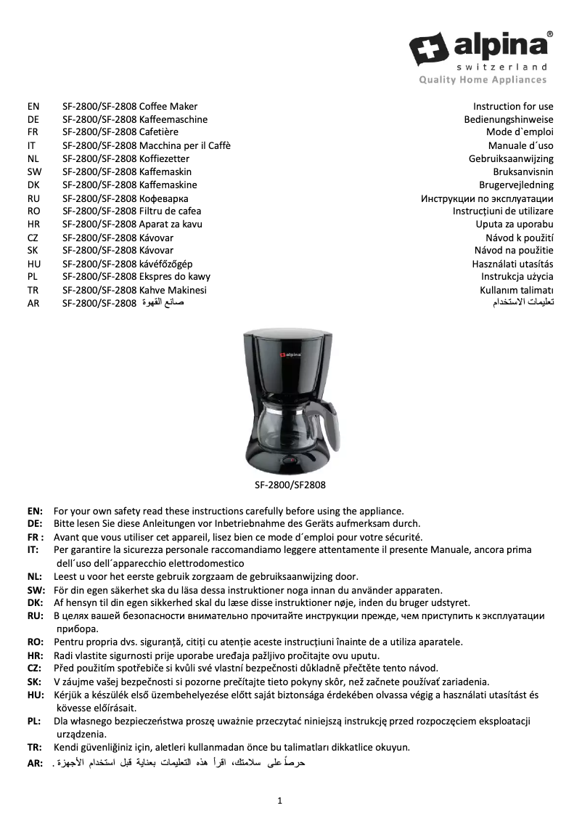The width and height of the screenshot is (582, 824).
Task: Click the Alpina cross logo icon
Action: coord(429,49)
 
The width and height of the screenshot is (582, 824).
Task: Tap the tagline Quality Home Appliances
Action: coord(482,80)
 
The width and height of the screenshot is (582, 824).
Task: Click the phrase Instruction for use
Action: coord(513,107)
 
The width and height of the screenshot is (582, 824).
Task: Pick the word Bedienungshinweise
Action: coord(509,120)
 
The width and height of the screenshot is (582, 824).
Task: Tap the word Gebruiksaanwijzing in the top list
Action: coord(511,159)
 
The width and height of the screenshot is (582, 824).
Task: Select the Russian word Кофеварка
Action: coord(164,198)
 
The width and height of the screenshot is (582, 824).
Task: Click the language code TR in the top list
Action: coord(33,290)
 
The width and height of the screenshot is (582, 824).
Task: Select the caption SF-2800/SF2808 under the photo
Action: coord(290,483)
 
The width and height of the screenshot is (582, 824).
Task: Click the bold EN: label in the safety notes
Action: coord(35,511)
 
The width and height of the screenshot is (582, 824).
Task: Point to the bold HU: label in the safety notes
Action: coord(35,695)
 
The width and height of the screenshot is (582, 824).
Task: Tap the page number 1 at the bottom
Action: coord(279,801)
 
